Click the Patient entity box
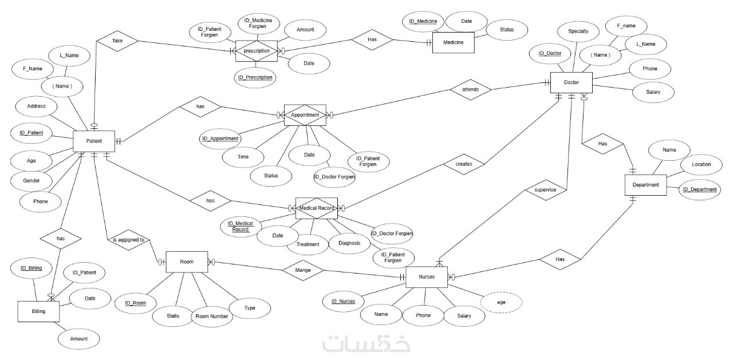pyautogui.click(x=94, y=141)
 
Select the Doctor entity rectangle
pyautogui.click(x=571, y=83)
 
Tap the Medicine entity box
pyautogui.click(x=453, y=42)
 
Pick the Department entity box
pyautogui.click(x=645, y=185)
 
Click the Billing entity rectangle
pyautogui.click(x=38, y=312)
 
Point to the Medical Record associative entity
pyautogui.click(x=316, y=208)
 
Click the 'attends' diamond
pyautogui.click(x=470, y=90)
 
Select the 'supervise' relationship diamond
pyautogui.click(x=546, y=189)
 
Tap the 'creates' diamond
pyautogui.click(x=464, y=164)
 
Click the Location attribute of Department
pyautogui.click(x=701, y=164)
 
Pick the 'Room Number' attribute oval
pyautogui.click(x=212, y=317)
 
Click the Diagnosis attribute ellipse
pyautogui.click(x=349, y=243)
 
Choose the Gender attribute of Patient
pyautogui.click(x=32, y=181)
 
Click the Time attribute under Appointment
pyautogui.click(x=243, y=156)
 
